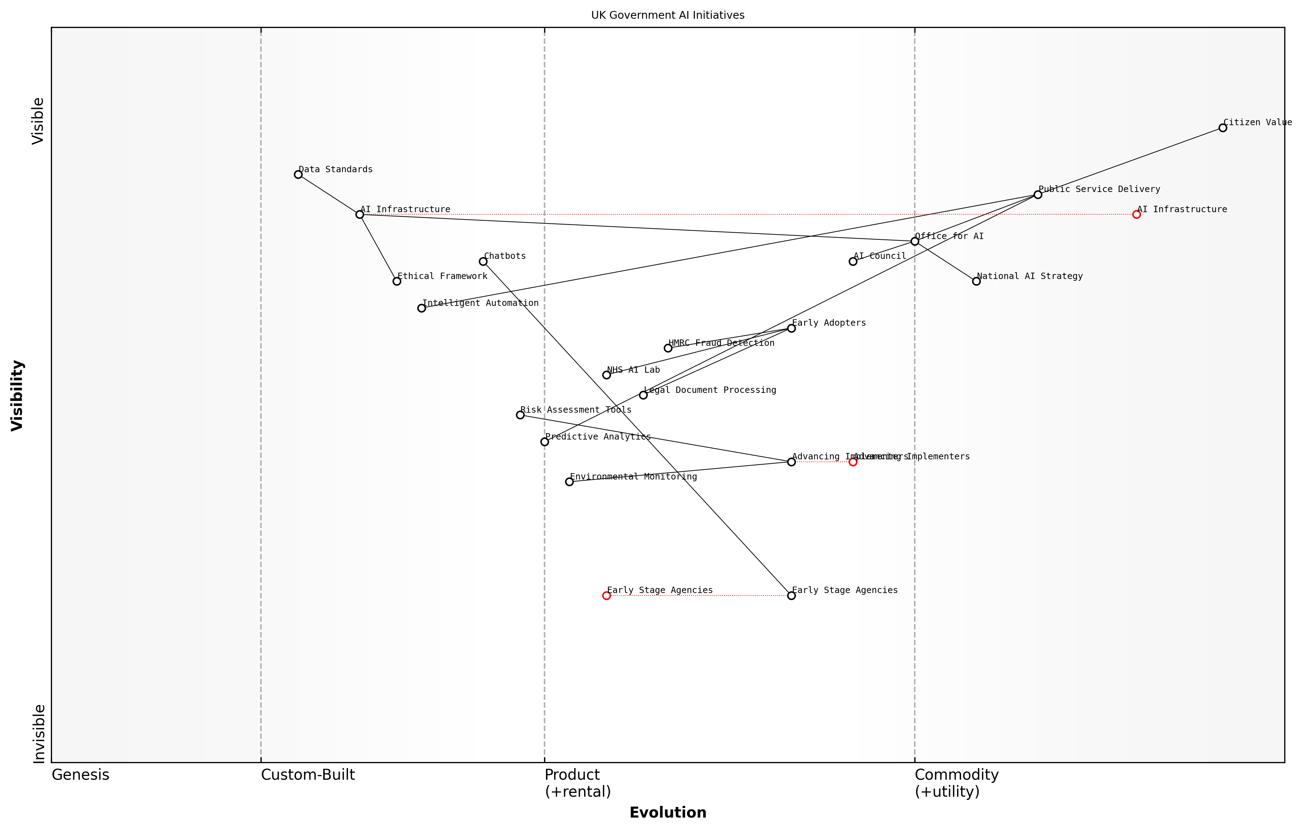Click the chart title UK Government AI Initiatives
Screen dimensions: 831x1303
[x=667, y=15]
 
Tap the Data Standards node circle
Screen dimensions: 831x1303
[x=298, y=174]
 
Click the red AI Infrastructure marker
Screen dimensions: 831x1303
[x=1136, y=214]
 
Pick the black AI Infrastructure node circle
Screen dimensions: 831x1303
[x=360, y=214]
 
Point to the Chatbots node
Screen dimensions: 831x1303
[x=483, y=261]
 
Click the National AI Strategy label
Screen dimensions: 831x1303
[x=1029, y=276]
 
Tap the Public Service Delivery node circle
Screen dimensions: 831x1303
[x=1037, y=195]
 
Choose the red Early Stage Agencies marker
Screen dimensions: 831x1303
[x=606, y=595]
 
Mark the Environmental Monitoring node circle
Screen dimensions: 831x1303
[x=569, y=482]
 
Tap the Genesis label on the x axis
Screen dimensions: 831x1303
[x=80, y=775]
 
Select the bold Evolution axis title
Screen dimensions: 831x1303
[x=667, y=813]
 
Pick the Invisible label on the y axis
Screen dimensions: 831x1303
[x=39, y=734]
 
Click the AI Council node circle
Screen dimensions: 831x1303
[x=853, y=261]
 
